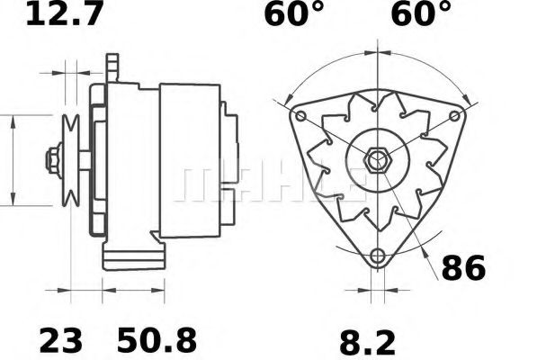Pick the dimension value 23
pyautogui.click(x=60, y=340)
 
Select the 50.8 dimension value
pyautogui.click(x=157, y=340)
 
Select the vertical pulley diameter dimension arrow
pyautogui.click(x=13, y=160)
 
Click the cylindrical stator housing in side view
pyautogui.click(x=189, y=157)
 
